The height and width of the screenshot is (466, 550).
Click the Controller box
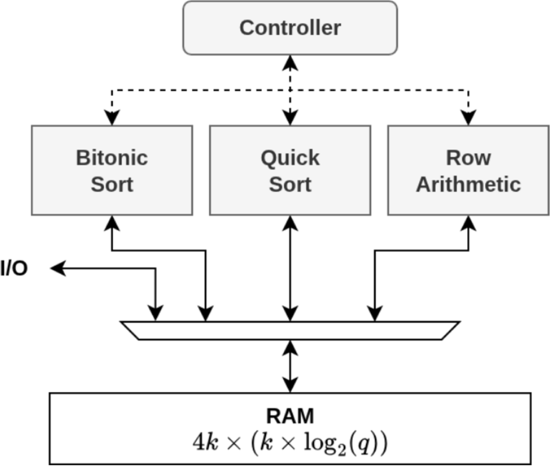point(290,28)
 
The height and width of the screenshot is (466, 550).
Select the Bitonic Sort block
point(112,170)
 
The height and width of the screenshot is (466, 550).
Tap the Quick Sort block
point(290,170)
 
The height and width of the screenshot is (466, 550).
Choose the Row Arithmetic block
point(468,170)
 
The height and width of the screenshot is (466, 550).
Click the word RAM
point(290,416)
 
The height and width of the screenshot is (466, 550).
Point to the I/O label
point(14,269)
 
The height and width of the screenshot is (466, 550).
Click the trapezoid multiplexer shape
point(290,330)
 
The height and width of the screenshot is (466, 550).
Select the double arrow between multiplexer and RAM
point(290,366)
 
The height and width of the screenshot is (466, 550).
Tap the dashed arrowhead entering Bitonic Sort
point(112,118)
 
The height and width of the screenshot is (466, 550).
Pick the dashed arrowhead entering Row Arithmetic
point(468,118)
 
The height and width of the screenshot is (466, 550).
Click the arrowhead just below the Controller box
point(290,62)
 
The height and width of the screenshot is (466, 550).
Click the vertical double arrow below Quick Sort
point(290,268)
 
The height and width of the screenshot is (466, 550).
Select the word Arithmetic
point(468,184)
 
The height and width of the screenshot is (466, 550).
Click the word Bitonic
point(112,158)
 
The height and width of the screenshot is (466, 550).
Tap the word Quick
point(290,158)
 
